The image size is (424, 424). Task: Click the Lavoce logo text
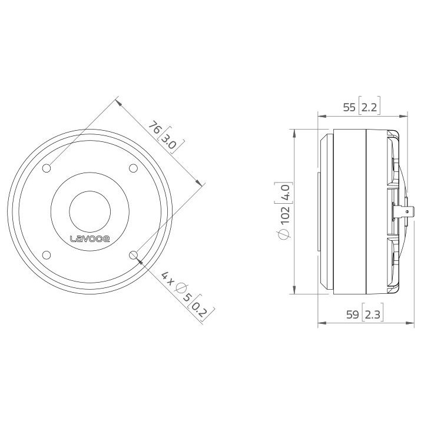[x=90, y=238]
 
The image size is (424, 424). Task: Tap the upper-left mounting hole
[x=47, y=168]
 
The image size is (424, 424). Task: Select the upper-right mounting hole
[x=134, y=168]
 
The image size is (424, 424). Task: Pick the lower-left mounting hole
[x=47, y=255]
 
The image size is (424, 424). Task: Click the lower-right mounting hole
[x=134, y=255]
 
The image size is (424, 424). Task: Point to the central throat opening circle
[x=90, y=211]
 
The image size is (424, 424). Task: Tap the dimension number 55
[x=349, y=107]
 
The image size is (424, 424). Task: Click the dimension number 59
[x=352, y=315]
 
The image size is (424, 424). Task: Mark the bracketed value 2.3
[x=372, y=315]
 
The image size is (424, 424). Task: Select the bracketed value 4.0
[x=285, y=193]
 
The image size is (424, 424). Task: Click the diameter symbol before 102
[x=285, y=234]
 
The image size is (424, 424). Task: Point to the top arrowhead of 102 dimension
[x=294, y=132]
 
